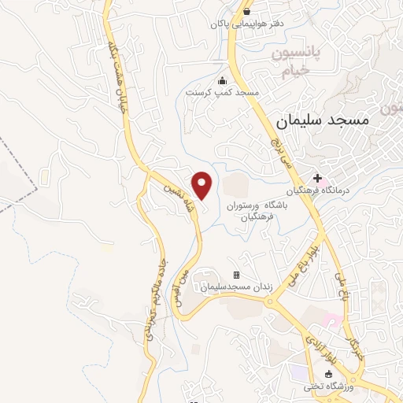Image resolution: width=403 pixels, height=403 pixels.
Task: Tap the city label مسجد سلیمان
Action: point(324,122)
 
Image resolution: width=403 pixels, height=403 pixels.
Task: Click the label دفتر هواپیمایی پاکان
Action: point(246,24)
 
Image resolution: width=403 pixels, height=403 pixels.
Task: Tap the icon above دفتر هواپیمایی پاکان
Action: point(246,12)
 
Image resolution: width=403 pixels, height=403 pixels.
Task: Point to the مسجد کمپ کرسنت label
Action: point(222,92)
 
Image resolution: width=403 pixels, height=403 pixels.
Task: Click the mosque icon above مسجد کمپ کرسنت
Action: point(222,80)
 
